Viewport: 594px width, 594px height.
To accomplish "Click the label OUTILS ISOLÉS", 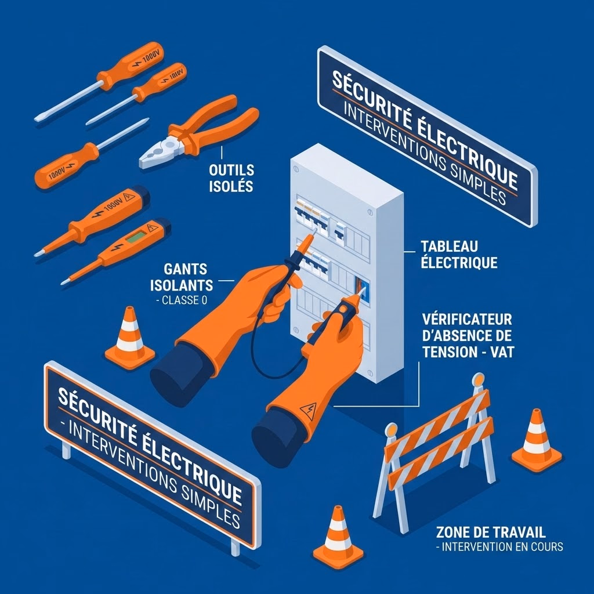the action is (231, 178).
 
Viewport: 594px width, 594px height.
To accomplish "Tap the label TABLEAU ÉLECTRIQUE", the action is (459, 254).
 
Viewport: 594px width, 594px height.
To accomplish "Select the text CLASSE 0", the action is (184, 300).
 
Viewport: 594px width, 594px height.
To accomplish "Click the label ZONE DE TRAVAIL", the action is (491, 533).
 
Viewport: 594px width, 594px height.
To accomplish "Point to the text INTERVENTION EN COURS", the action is (502, 547).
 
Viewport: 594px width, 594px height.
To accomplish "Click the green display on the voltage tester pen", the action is (136, 237).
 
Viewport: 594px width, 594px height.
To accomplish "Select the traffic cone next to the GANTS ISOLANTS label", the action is (129, 338).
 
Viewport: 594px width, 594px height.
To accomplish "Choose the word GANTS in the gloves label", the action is (186, 269).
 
